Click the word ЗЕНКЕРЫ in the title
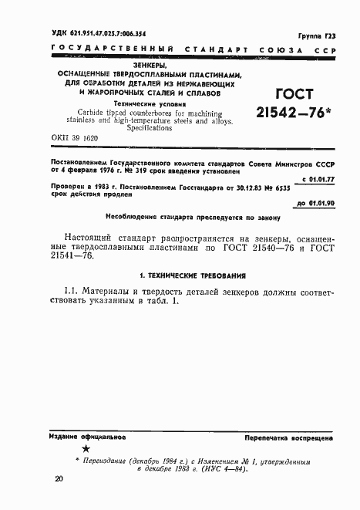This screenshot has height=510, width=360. click(133, 66)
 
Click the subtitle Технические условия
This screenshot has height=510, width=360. click(132, 102)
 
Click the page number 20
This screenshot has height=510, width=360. click(59, 480)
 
